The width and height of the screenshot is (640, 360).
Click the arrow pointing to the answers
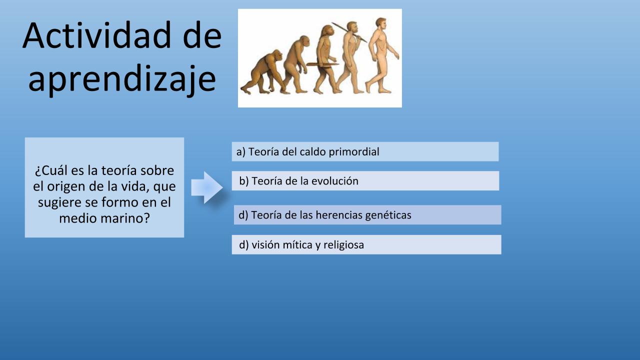pos(207,187)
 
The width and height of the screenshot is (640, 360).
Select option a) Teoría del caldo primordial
pos(365,151)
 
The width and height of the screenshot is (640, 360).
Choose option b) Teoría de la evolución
pos(365,181)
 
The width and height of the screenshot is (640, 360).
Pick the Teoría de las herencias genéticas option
pos(367,215)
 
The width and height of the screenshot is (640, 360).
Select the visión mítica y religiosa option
pos(366,244)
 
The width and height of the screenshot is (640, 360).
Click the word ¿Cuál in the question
pos(51,171)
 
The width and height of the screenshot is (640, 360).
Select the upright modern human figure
pos(382,55)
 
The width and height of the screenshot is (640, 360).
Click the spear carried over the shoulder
pos(349,32)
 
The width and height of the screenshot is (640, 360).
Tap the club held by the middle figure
pos(322,64)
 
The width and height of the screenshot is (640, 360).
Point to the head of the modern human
pos(381,23)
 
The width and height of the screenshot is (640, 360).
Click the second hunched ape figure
pos(296,64)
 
